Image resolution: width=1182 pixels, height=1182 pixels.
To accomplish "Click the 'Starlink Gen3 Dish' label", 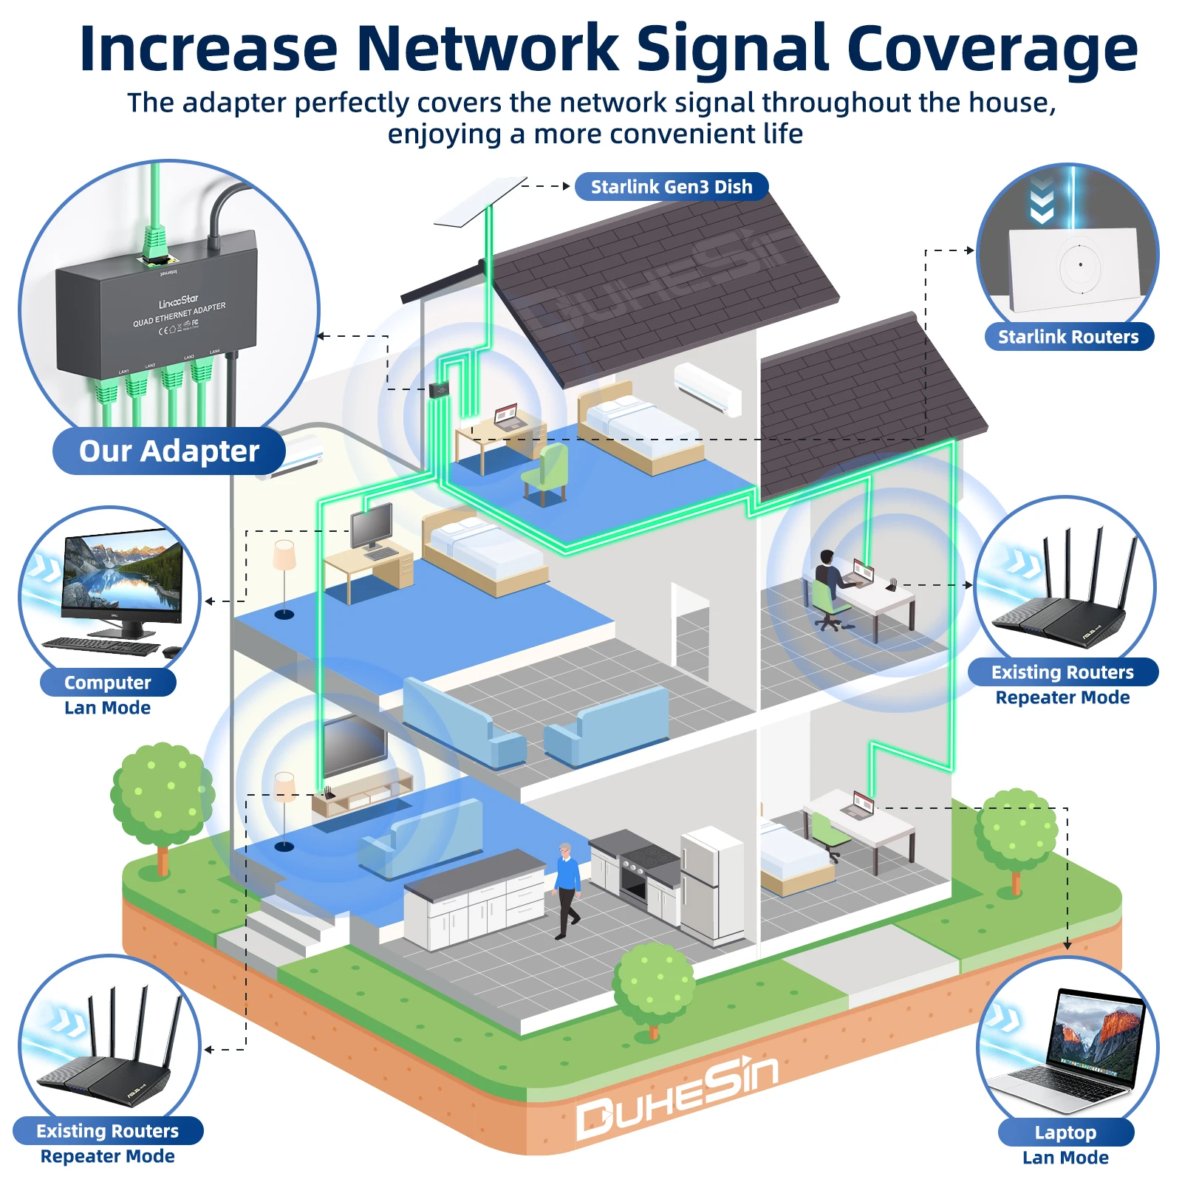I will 671,187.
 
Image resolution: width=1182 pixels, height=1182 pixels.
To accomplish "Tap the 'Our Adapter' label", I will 168,451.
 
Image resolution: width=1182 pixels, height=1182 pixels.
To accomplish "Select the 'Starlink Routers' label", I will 1068,337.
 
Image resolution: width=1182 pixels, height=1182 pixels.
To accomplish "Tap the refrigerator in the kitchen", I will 711,883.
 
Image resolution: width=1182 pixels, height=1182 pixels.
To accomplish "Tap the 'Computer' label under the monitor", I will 107,683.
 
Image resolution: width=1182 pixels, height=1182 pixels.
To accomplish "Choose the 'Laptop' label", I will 1065,1133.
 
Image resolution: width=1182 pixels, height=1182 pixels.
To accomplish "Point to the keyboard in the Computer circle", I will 102,646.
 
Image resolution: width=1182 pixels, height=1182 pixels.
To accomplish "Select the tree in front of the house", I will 653,986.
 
